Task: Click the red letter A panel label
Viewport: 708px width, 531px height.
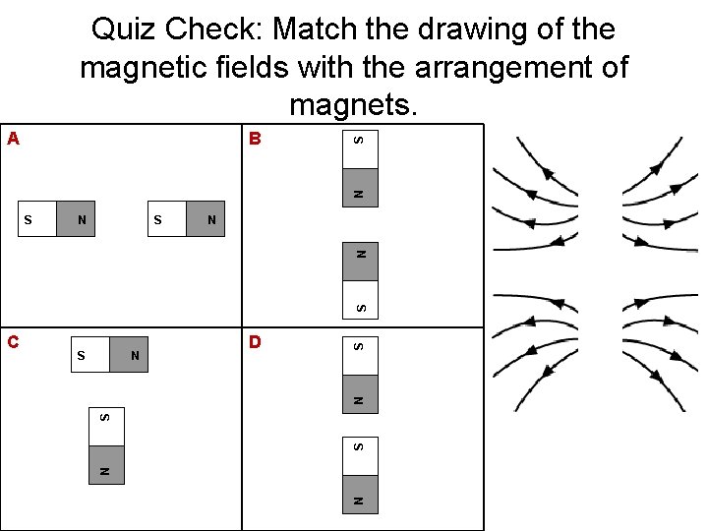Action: pos(13,139)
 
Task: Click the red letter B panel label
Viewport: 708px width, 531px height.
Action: pos(255,139)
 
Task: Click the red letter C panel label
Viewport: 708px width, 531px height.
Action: pos(13,342)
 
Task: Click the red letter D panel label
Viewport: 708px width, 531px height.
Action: pos(255,342)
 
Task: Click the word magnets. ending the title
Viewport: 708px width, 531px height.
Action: pos(354,104)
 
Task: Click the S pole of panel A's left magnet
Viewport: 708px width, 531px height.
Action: pos(29,220)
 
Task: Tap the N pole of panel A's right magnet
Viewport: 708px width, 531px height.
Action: pos(210,220)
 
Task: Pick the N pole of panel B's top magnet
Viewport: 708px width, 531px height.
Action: pos(360,191)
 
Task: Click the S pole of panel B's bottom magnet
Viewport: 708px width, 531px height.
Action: pos(360,308)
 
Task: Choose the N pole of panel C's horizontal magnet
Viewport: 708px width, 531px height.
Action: pos(135,354)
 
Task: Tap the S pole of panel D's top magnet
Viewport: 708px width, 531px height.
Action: pos(360,346)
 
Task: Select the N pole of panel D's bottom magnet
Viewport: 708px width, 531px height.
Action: pos(360,501)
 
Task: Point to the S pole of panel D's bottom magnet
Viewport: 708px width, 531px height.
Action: pos(360,447)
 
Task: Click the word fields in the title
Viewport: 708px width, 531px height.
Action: pos(321,69)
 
